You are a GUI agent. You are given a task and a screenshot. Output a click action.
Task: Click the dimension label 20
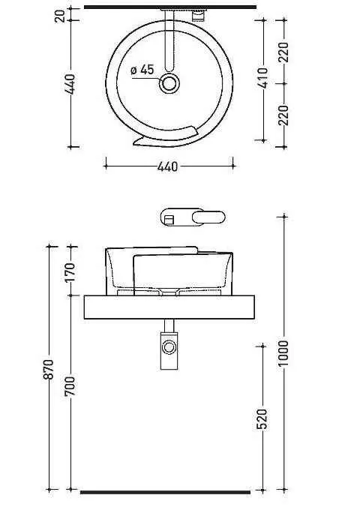(60, 16)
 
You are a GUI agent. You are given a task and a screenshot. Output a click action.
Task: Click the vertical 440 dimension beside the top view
(70, 85)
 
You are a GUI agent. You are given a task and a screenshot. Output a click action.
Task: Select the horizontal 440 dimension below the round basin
(167, 166)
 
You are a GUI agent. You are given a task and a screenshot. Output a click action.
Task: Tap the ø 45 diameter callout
(142, 70)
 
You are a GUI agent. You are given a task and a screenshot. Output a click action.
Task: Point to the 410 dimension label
(264, 77)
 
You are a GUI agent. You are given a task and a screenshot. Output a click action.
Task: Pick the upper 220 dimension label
(283, 52)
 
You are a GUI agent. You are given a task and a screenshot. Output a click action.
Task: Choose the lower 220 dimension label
(283, 115)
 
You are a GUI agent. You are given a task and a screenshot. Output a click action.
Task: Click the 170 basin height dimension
(70, 272)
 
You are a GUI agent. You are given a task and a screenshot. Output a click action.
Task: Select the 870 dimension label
(49, 369)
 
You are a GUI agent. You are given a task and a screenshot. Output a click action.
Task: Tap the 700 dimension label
(70, 385)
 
